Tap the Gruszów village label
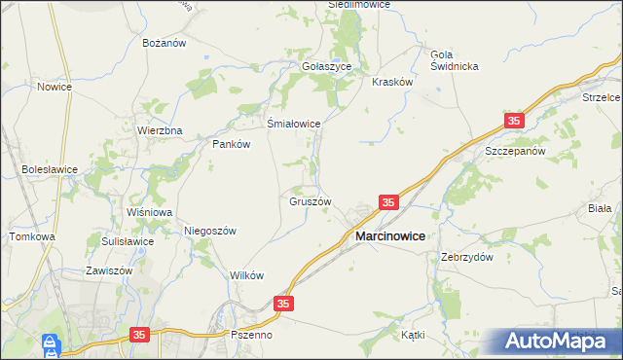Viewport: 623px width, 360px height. (311, 202)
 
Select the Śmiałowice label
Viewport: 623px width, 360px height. (294, 124)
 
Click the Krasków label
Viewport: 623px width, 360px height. (393, 83)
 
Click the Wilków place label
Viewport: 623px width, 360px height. (247, 275)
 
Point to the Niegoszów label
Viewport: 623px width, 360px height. (210, 231)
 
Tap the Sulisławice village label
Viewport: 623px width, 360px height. (128, 240)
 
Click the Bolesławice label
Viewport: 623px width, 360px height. (50, 169)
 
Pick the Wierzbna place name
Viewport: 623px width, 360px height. (160, 130)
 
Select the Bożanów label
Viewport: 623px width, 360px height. (164, 44)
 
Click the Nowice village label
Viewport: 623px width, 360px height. (55, 87)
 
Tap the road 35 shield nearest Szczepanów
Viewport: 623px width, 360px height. (514, 121)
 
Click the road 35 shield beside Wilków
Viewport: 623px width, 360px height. (282, 305)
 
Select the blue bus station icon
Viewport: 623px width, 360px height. (50, 344)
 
